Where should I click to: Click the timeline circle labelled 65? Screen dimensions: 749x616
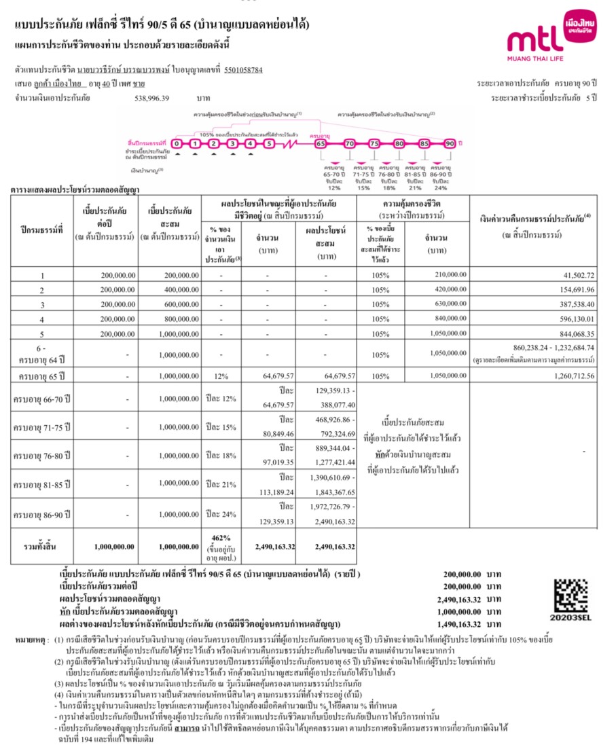321,143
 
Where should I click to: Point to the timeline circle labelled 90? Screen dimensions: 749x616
450,143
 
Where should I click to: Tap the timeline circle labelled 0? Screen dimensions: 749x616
177,143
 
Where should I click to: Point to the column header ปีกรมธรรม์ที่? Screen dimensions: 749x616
43,230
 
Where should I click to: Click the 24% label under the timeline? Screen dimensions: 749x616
439,187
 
